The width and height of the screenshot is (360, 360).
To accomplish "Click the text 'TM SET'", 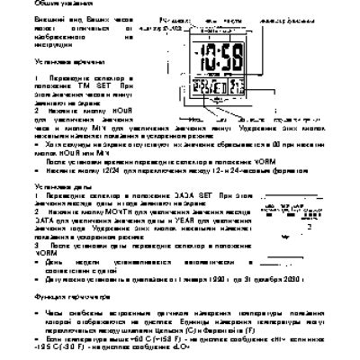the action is pyautogui.click(x=103, y=85).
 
